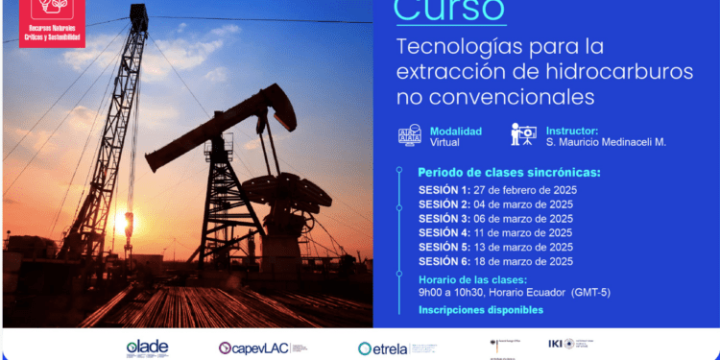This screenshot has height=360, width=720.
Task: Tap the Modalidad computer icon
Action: [x=407, y=135]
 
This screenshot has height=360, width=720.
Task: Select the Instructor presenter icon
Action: [x=522, y=135]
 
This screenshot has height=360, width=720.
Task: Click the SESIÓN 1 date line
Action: [x=497, y=190]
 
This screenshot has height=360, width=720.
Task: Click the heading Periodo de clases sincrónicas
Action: [x=509, y=172]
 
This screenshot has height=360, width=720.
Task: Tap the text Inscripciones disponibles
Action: [x=480, y=310]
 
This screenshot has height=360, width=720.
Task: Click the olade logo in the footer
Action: [x=147, y=348]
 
